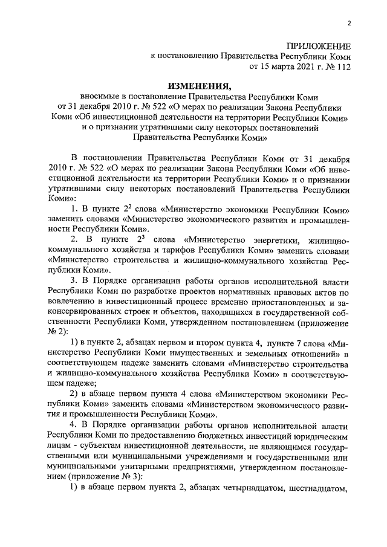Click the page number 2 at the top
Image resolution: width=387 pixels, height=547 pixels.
pos(349,24)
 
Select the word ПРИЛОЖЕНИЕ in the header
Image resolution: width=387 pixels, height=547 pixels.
pos(318,45)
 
